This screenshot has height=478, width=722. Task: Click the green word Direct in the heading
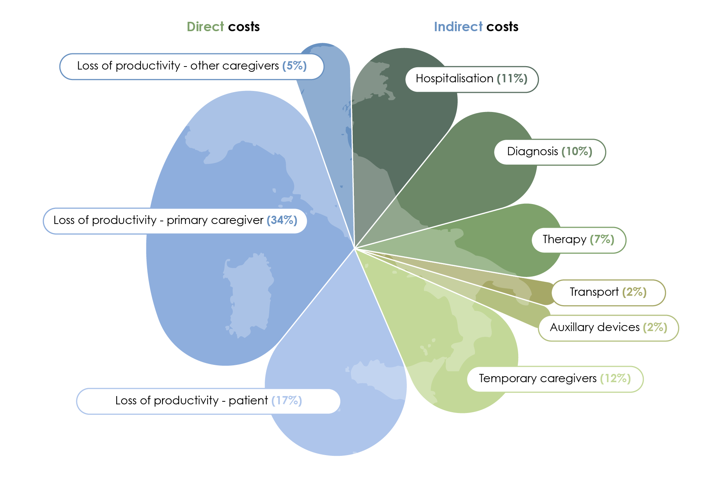click(x=205, y=27)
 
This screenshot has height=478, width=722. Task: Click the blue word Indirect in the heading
click(x=458, y=27)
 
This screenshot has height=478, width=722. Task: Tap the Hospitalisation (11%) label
click(x=472, y=79)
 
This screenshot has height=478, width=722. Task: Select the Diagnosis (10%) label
click(x=549, y=152)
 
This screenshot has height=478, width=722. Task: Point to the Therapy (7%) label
click(x=578, y=240)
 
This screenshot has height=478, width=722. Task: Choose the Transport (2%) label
click(x=608, y=292)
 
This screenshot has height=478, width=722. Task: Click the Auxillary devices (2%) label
click(x=608, y=328)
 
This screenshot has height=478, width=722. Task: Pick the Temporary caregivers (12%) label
click(x=555, y=379)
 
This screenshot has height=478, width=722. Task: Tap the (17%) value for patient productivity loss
click(x=287, y=401)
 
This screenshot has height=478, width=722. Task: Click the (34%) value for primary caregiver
click(x=282, y=220)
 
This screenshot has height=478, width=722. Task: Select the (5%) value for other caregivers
click(x=294, y=66)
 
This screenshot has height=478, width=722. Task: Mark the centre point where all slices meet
click(x=354, y=248)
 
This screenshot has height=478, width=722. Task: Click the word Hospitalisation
click(x=454, y=79)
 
